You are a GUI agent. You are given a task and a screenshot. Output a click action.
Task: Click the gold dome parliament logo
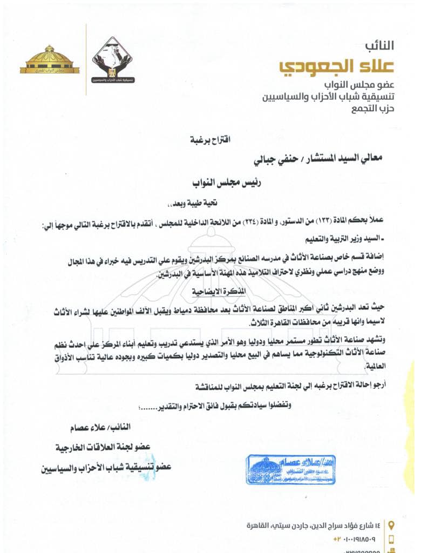[x=50, y=60]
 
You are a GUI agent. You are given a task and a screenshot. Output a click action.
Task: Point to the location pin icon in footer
[x=391, y=524]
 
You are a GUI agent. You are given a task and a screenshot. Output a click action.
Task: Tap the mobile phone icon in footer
[x=391, y=539]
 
